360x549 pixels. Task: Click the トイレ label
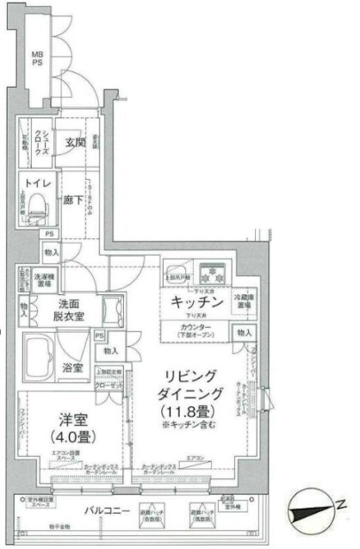pyautogui.click(x=38, y=183)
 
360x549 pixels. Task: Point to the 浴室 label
pyautogui.click(x=73, y=367)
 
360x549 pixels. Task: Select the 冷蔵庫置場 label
pyautogui.click(x=244, y=301)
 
